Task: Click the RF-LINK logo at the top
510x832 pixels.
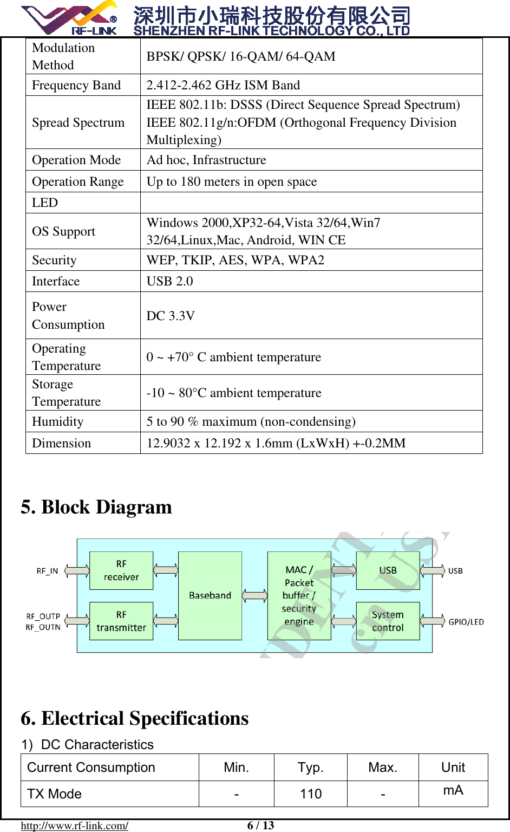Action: (69, 18)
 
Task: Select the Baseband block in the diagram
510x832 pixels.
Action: (210, 595)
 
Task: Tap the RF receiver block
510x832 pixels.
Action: (121, 570)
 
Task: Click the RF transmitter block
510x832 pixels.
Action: (121, 621)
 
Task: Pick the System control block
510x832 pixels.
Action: (388, 621)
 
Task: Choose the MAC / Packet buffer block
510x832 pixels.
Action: (299, 595)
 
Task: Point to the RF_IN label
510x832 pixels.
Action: (47, 571)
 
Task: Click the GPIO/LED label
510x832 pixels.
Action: (466, 622)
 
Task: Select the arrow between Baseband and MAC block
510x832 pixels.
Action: (254, 596)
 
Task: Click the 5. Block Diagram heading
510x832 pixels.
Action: (96, 507)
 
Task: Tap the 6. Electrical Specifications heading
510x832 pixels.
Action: (135, 718)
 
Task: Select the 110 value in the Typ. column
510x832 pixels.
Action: (311, 794)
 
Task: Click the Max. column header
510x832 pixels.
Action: (383, 768)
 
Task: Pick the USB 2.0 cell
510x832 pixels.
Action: (170, 281)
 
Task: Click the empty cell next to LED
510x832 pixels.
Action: (311, 203)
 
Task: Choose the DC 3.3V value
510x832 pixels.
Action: (171, 315)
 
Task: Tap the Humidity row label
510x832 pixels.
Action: (58, 421)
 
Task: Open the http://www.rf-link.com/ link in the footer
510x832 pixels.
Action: (75, 825)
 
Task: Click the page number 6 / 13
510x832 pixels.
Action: (260, 825)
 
